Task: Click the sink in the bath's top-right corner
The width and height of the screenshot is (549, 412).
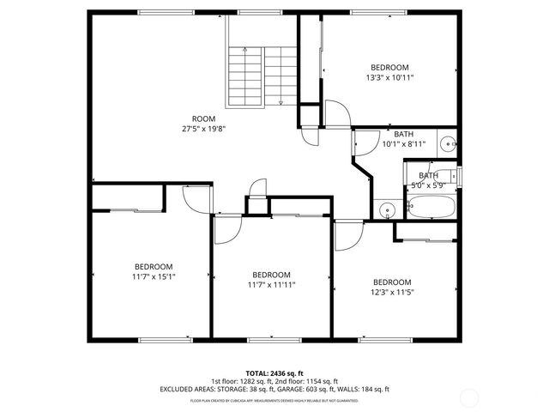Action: tap(448, 145)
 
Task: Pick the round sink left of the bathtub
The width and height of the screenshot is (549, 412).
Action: tap(387, 209)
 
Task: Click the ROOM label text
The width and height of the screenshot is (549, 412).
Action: tap(203, 118)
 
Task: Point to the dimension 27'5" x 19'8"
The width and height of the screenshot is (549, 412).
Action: tap(203, 129)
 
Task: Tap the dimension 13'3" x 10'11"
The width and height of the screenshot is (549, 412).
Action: tap(389, 77)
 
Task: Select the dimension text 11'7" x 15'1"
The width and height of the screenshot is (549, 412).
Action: tap(154, 276)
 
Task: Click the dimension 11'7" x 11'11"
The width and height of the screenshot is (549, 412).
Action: tap(271, 284)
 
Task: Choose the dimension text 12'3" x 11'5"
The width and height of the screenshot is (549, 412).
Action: tap(391, 292)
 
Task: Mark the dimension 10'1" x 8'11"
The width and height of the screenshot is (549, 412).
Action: tap(403, 144)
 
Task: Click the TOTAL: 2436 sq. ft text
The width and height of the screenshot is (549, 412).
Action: tap(274, 373)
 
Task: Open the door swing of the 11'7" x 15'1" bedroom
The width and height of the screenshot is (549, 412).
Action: tap(197, 197)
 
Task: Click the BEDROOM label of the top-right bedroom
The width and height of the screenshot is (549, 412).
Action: tap(389, 67)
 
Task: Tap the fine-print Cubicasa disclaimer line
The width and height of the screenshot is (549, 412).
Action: tap(274, 399)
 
